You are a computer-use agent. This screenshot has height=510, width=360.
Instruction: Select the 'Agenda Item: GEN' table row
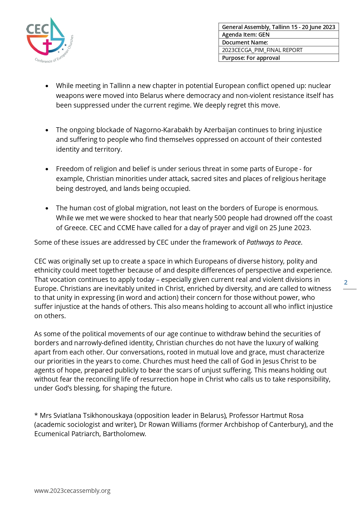point(278,35)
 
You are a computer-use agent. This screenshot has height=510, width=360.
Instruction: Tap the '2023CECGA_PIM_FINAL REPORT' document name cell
point(278,50)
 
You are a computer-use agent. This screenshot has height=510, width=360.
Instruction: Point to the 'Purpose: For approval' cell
point(278,58)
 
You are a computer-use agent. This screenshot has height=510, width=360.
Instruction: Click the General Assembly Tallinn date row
point(278,27)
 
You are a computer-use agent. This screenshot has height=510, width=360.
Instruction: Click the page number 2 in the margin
point(345,282)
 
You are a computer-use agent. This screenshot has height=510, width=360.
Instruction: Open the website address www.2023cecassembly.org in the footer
point(72,491)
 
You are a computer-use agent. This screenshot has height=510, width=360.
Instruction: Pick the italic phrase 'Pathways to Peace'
point(273,242)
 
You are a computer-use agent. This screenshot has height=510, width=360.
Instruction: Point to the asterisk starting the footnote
point(36,415)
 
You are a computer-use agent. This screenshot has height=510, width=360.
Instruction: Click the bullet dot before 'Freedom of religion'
point(47,169)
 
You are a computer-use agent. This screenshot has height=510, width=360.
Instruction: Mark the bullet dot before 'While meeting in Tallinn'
point(47,86)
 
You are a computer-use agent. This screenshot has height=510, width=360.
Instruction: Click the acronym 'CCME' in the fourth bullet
point(126,228)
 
